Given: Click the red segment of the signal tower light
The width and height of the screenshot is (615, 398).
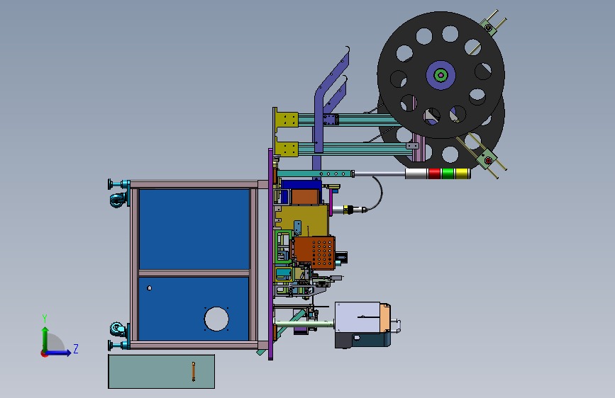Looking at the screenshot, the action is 434,174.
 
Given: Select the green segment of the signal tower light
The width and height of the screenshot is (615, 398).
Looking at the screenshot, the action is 448,174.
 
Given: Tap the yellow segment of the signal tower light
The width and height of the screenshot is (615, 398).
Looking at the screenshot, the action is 461,174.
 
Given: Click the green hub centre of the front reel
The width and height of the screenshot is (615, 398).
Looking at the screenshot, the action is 441,75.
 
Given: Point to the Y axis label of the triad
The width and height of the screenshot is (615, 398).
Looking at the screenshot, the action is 45,319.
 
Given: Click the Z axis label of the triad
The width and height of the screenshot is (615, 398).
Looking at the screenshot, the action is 76,348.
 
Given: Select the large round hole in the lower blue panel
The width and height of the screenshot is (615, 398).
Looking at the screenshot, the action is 216,319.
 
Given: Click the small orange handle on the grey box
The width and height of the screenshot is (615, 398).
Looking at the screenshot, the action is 194,371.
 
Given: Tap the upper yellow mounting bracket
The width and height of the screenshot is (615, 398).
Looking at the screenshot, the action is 287,120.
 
